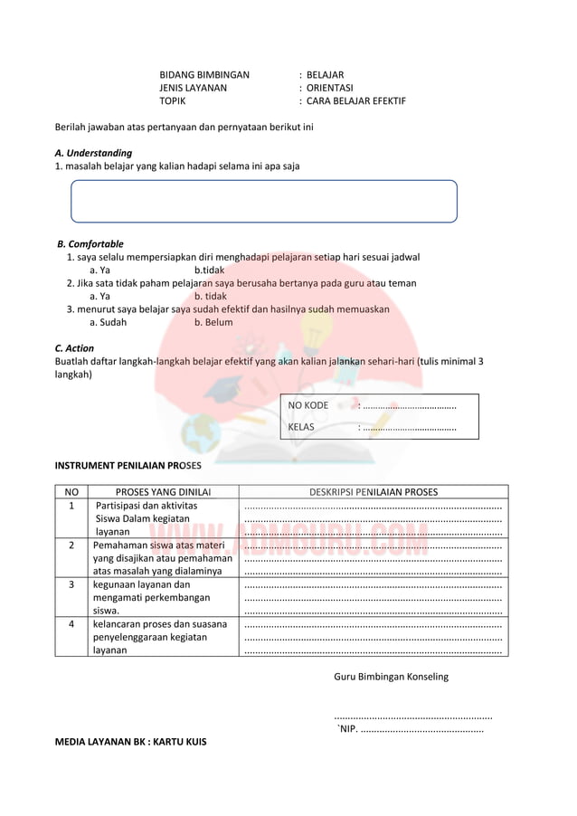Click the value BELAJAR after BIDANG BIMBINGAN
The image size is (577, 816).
coord(325,75)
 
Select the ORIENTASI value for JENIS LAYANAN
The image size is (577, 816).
coord(329,88)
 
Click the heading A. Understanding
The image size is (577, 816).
coord(93,153)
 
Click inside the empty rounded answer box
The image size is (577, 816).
coord(264,201)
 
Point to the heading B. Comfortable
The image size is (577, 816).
coord(90,244)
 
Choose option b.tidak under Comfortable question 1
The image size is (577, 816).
coord(209,270)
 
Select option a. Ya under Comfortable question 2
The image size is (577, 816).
coord(99,296)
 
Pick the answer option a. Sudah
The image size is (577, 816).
coord(109,322)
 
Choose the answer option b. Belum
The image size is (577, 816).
coord(213,322)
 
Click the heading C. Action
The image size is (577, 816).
coord(74,348)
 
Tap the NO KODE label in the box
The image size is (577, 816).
coord(308,405)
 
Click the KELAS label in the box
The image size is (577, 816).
coord(301,427)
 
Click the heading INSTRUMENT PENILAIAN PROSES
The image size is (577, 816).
coord(128,465)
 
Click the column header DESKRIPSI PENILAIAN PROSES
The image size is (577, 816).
coord(374,492)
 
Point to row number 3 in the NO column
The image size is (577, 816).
coord(71,584)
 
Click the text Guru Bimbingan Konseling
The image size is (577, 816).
coord(391,676)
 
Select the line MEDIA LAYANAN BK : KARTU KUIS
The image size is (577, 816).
coord(130,742)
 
